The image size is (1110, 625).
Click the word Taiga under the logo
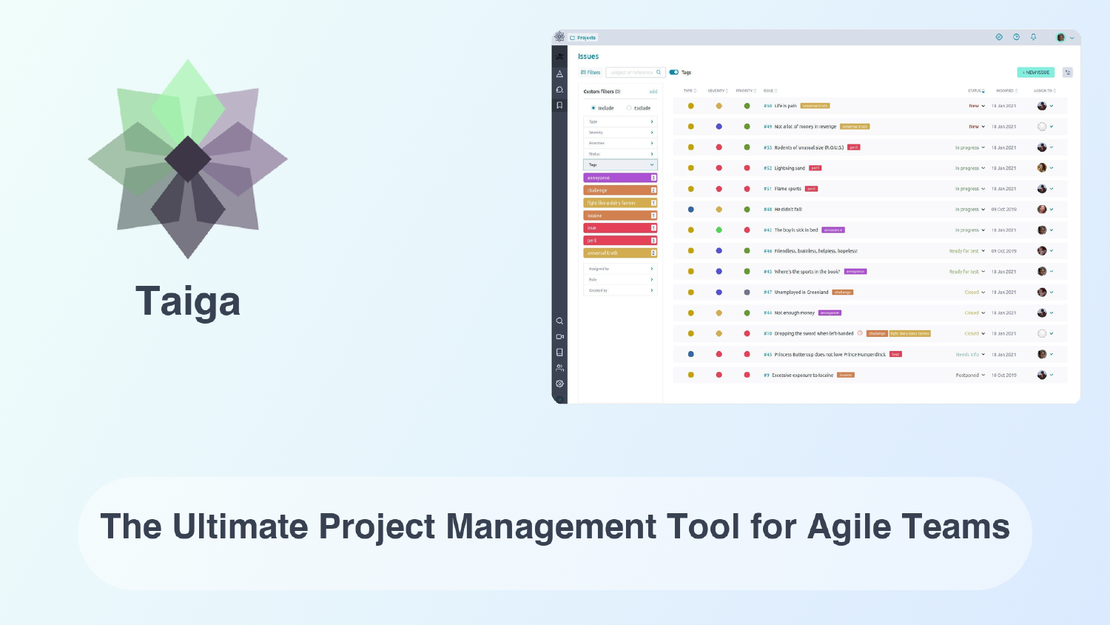coord(188,302)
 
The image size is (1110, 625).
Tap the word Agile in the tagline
coord(849,527)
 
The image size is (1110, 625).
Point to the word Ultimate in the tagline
coord(240,527)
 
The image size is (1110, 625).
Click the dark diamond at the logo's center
coord(188,159)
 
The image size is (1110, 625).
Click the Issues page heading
coord(588,56)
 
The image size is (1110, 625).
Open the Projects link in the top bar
coord(586,38)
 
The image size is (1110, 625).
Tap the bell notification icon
coord(1033,37)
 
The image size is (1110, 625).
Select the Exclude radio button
coord(630,108)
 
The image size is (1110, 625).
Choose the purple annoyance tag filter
coord(619,178)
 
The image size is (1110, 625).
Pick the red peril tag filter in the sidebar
coord(619,241)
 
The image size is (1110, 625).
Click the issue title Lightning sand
coord(790,168)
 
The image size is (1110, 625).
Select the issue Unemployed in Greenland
coord(801,293)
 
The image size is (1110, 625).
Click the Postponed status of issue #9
coord(967,375)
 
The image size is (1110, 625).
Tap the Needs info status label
coord(967,355)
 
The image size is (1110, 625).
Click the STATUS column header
coord(975,91)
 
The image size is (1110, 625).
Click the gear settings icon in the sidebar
coord(559,384)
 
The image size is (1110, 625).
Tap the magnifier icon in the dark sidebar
coord(559,321)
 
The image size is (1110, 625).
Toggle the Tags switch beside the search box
coord(673,73)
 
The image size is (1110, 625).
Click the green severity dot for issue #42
coord(719,230)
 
